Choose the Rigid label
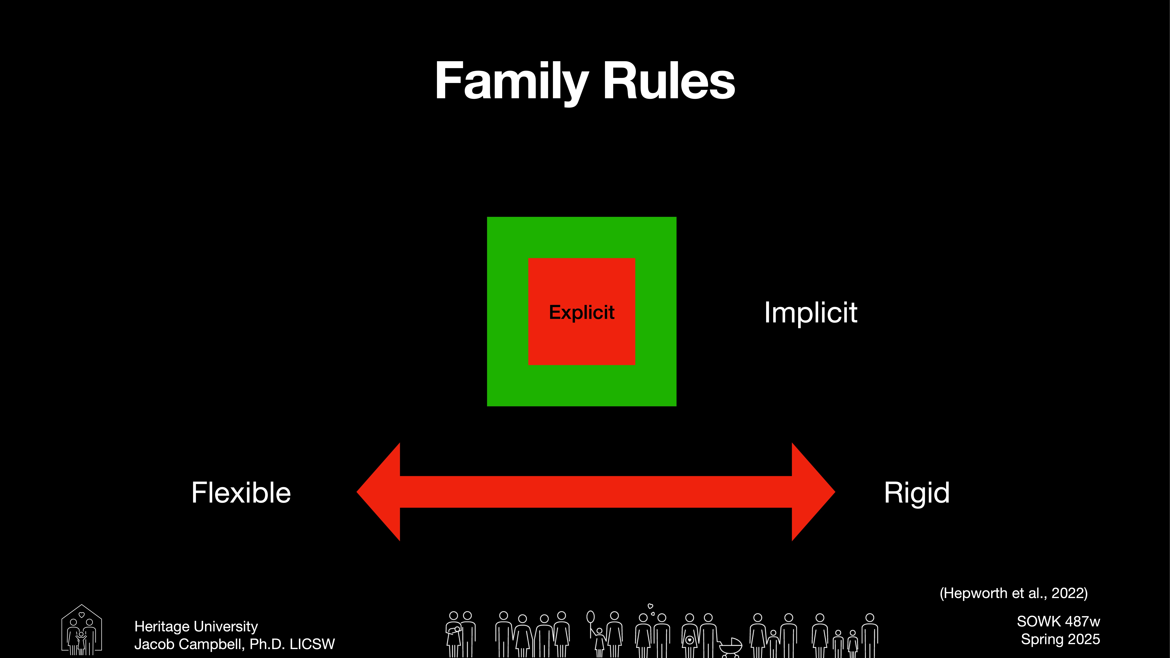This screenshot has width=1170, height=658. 917,493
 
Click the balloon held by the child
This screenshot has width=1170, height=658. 590,617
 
